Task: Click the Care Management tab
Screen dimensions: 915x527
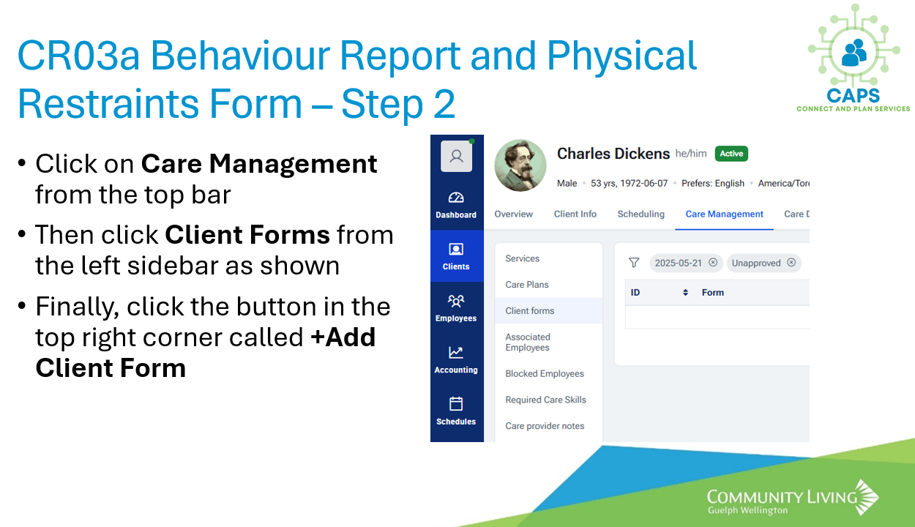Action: click(x=724, y=214)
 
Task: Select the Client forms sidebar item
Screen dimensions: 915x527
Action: click(x=529, y=310)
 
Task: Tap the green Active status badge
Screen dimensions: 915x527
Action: click(x=731, y=154)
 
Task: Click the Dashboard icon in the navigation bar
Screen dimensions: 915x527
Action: click(x=456, y=198)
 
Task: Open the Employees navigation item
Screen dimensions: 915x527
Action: click(x=456, y=308)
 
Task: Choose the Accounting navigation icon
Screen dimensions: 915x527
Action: click(x=456, y=352)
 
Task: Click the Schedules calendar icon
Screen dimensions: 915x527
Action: click(x=456, y=403)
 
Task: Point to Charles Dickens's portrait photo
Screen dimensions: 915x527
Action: click(x=520, y=165)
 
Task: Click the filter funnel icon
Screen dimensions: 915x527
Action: click(x=634, y=262)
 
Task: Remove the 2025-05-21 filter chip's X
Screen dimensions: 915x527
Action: click(x=713, y=262)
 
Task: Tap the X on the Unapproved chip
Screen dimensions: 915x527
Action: click(x=791, y=262)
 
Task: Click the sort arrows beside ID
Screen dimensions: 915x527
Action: click(x=685, y=293)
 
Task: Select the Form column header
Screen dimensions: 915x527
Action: click(x=713, y=293)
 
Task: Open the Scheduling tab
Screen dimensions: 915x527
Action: click(x=641, y=214)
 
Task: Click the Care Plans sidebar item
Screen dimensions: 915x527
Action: click(x=527, y=284)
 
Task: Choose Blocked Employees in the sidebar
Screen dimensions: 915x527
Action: click(x=545, y=373)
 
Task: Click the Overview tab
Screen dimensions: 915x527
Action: click(x=513, y=214)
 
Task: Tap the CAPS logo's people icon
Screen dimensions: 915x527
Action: click(x=854, y=52)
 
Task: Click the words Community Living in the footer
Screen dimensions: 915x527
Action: click(x=782, y=497)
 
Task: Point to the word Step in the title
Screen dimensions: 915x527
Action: click(x=382, y=105)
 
